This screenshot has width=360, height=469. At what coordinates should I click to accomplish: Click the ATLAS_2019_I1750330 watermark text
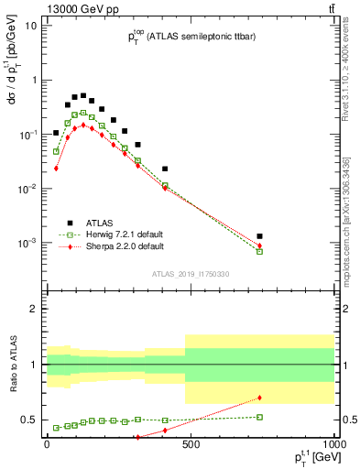pyautogui.click(x=190, y=274)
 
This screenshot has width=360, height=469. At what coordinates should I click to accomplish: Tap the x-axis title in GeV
pyautogui.click(x=308, y=460)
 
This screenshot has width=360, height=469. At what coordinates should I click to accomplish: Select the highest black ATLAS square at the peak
pyautogui.click(x=83, y=95)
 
